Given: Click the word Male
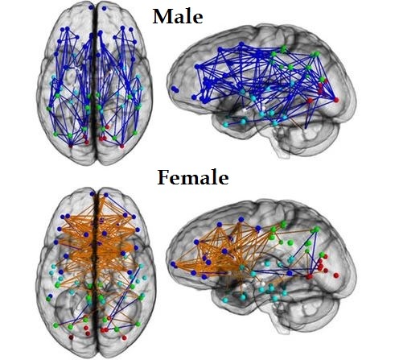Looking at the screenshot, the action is tap(178, 16).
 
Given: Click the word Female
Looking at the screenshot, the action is tap(193, 177).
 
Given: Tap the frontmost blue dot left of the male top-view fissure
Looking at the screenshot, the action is tap(91, 7).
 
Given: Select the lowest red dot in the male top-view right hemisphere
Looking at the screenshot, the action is tap(122, 147).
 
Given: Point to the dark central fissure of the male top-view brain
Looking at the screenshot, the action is tap(94, 83).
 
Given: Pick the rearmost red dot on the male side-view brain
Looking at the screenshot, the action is tap(336, 100).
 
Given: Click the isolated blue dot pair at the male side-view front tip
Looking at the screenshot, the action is tap(175, 89).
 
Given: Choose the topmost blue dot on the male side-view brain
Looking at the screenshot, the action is tap(241, 43).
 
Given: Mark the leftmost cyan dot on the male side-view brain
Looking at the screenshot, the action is tap(226, 125).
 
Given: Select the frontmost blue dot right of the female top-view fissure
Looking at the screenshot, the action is tap(106, 195).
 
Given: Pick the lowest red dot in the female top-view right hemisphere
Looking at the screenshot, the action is tap(124, 337).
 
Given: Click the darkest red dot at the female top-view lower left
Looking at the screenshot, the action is tap(71, 337).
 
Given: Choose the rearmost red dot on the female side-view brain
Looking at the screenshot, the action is tap(336, 275).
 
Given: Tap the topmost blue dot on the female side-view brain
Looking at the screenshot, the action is tap(241, 219).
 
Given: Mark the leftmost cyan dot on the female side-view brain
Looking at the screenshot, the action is tap(225, 300).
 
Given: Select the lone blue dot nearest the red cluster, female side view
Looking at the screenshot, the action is tap(290, 273).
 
